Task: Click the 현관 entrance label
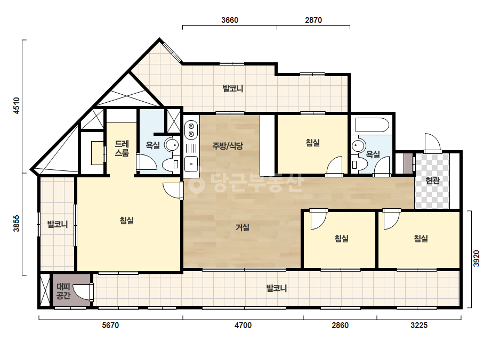pyautogui.click(x=432, y=181)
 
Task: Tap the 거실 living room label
pyautogui.click(x=243, y=227)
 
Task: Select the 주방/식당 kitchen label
pyautogui.click(x=228, y=145)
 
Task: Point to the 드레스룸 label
pyautogui.click(x=122, y=149)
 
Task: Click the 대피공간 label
pyautogui.click(x=63, y=291)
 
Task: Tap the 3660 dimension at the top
pyautogui.click(x=230, y=20)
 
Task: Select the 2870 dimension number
pyautogui.click(x=313, y=20)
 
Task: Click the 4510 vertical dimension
pyautogui.click(x=17, y=105)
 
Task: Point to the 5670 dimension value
pyautogui.click(x=110, y=325)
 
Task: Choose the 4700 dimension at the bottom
pyautogui.click(x=243, y=325)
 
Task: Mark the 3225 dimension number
pyautogui.click(x=419, y=325)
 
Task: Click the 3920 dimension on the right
pyautogui.click(x=477, y=258)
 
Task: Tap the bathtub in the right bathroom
pyautogui.click(x=372, y=125)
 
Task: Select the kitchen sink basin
pyautogui.click(x=191, y=163)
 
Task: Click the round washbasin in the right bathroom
pyautogui.click(x=358, y=146)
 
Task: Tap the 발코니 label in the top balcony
pyautogui.click(x=233, y=88)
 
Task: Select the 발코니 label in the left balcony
pyautogui.click(x=58, y=224)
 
